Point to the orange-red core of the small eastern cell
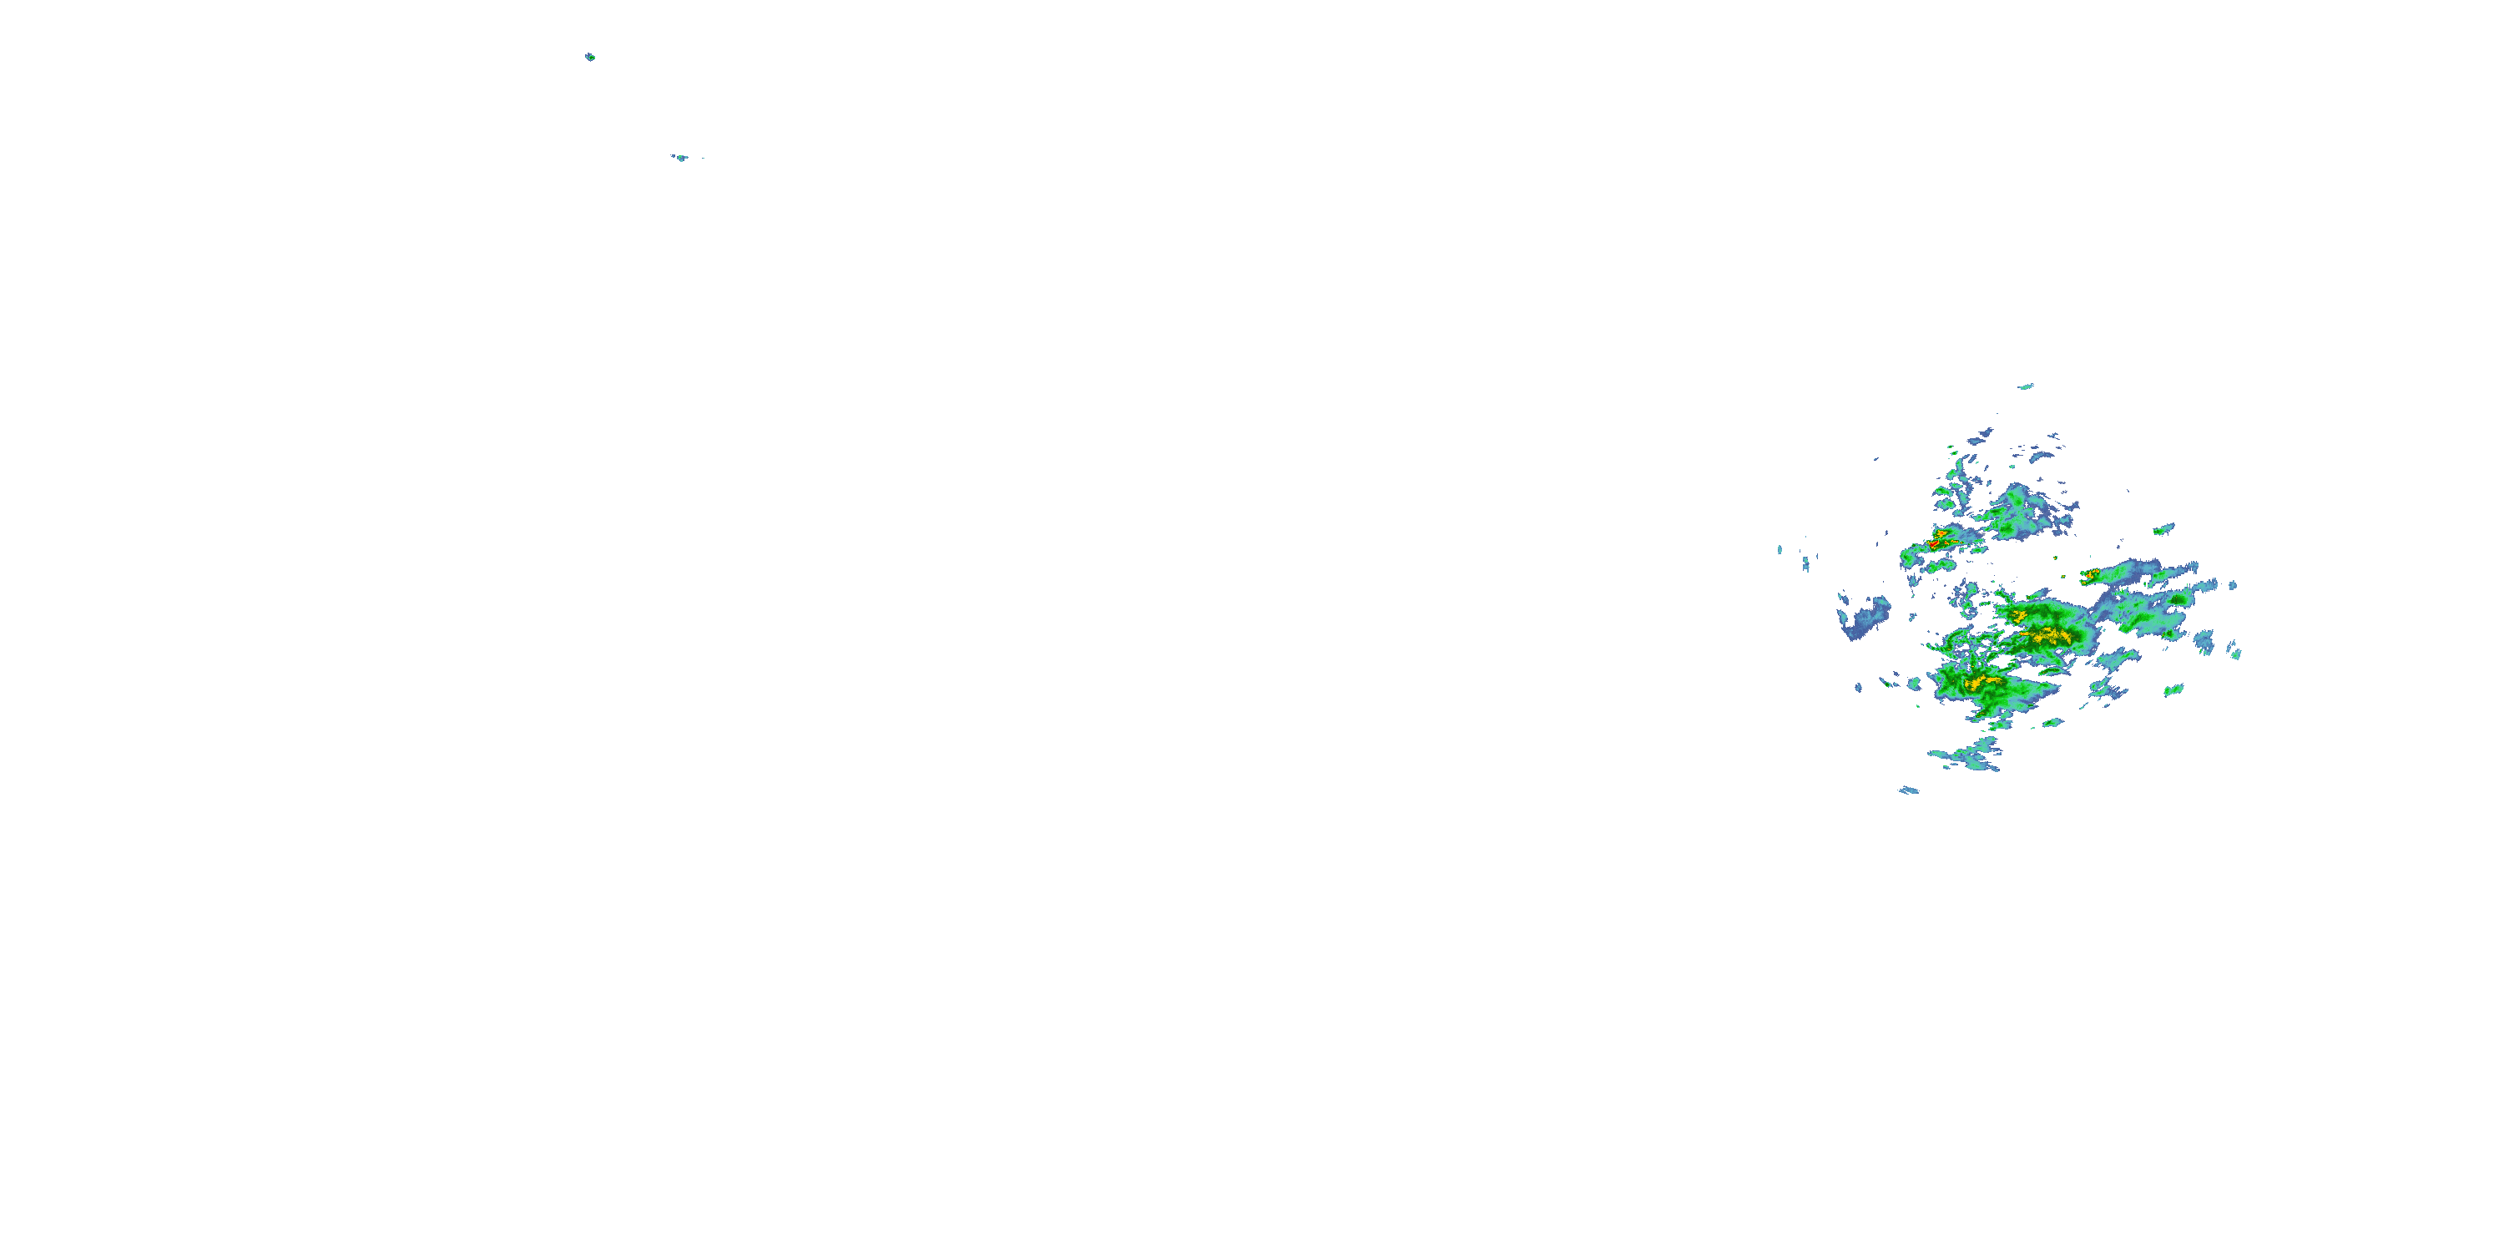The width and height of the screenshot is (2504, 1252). [2090, 574]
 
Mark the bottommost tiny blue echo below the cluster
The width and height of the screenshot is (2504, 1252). [1909, 790]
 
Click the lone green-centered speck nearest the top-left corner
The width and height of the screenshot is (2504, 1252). [590, 58]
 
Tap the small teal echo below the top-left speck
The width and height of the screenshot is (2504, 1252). [681, 158]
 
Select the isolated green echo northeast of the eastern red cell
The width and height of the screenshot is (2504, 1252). [2163, 530]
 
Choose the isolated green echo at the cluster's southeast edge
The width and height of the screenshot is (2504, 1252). [2173, 690]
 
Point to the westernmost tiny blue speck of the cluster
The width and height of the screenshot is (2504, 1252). [1780, 550]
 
